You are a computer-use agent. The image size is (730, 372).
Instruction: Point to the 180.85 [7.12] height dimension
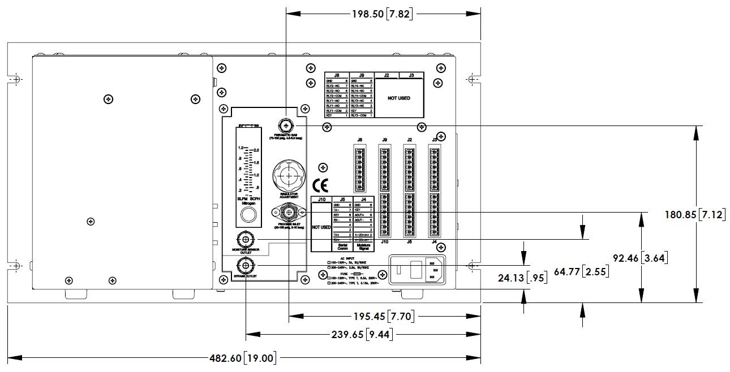[695, 215]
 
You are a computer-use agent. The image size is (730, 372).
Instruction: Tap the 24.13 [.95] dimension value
[513, 278]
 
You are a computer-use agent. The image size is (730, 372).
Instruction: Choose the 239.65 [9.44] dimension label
[362, 335]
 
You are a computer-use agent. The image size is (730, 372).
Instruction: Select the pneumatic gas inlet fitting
[286, 126]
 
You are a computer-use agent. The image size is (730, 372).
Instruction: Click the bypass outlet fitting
[246, 265]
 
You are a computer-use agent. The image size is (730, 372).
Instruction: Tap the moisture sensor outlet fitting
[245, 239]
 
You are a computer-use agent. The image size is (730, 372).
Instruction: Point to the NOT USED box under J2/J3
[398, 98]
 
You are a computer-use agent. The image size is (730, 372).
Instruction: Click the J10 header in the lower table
[322, 199]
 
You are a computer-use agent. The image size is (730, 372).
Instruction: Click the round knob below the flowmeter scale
[247, 214]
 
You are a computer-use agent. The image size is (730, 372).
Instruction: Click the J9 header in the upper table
[361, 75]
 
